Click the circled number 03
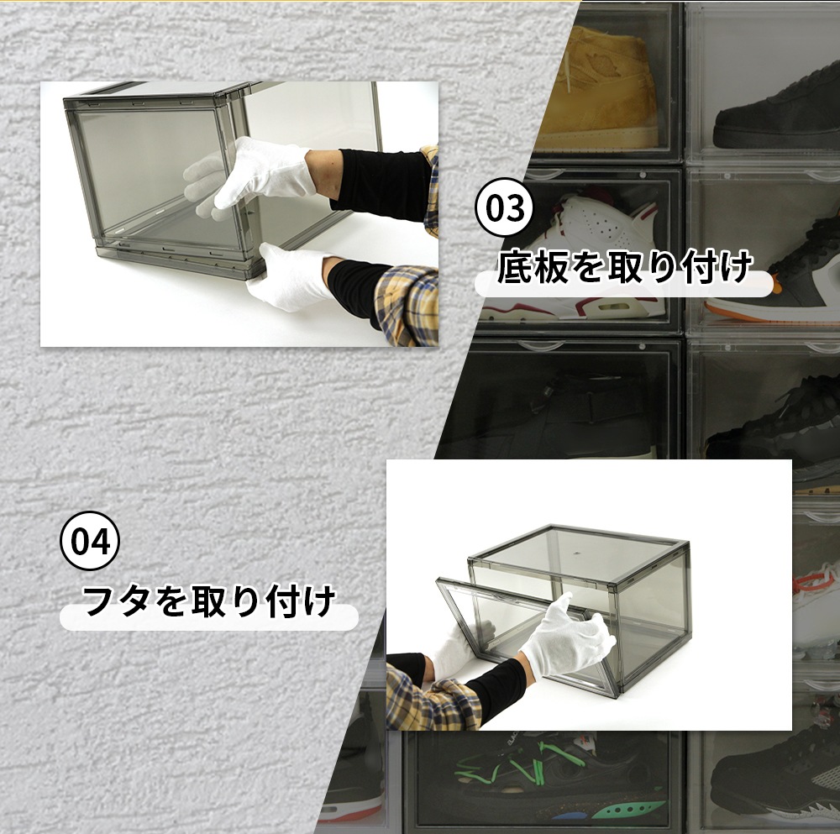click(x=504, y=207)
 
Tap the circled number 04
click(x=90, y=540)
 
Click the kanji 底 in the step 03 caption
click(x=515, y=266)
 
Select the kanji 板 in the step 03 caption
click(x=551, y=266)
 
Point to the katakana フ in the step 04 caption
click(x=99, y=601)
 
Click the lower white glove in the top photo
click(x=292, y=275)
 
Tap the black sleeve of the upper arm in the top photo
click(x=383, y=185)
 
